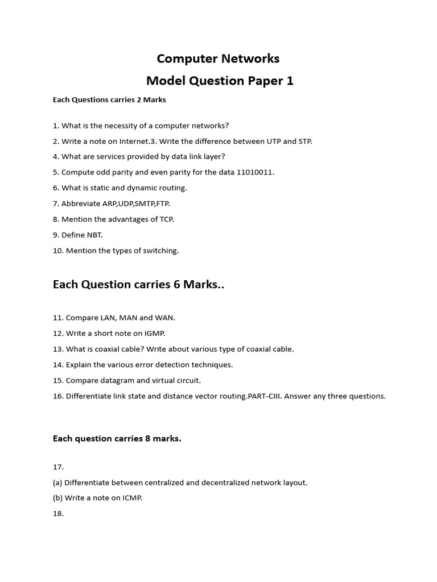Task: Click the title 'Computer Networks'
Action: pyautogui.click(x=218, y=59)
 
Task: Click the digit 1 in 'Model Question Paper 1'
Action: pyautogui.click(x=290, y=81)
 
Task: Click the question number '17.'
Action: pyautogui.click(x=58, y=467)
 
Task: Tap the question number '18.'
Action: pyautogui.click(x=58, y=513)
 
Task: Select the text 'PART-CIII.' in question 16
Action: pyautogui.click(x=265, y=396)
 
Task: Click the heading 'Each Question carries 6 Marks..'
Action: pyautogui.click(x=138, y=284)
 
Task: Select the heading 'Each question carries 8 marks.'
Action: pyautogui.click(x=117, y=438)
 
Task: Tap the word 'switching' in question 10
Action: pyautogui.click(x=161, y=251)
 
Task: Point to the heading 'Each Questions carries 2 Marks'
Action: pyautogui.click(x=109, y=100)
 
